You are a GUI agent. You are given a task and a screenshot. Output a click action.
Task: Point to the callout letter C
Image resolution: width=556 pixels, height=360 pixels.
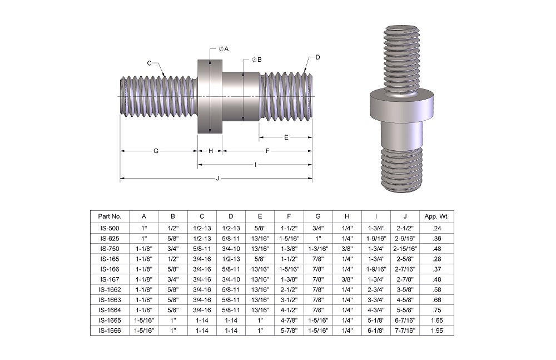pos(150,63)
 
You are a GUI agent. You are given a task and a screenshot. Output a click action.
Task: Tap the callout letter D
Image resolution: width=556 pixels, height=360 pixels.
pos(317,57)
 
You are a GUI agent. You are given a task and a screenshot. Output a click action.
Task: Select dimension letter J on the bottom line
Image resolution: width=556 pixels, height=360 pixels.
pos(217,178)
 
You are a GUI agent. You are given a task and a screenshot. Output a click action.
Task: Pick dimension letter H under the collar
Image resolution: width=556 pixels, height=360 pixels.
pos(211,151)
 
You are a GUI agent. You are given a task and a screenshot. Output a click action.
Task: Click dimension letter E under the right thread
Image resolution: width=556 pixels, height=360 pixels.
pos(286,137)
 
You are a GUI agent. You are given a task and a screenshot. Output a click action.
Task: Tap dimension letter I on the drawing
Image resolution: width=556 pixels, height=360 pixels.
pos(255,164)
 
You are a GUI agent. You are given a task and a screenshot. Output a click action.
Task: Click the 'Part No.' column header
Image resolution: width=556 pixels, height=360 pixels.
pos(110,216)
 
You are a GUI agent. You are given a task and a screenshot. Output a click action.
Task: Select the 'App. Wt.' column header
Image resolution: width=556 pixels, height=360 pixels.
pos(436,216)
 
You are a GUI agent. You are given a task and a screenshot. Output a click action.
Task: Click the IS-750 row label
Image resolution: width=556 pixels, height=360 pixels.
pos(110,248)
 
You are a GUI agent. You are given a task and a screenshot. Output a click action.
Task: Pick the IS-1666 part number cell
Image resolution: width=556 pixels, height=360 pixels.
pos(110,330)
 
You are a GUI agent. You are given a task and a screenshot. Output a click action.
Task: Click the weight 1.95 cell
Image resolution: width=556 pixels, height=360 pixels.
pos(436,330)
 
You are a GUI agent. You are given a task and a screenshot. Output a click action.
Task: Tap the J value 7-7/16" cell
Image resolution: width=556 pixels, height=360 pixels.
pos(405,330)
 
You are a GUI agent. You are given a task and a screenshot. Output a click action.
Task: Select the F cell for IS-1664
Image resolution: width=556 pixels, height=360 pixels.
pos(289,310)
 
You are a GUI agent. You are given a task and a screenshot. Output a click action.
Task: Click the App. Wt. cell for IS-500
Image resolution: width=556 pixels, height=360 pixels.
pos(436,228)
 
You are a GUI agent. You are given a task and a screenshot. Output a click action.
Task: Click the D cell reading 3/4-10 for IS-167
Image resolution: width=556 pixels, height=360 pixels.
pos(231,279)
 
